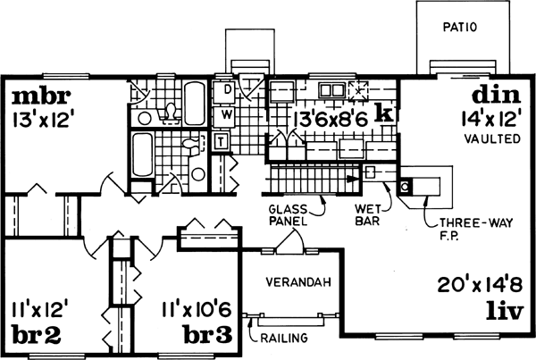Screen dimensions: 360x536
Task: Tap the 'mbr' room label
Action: (x=40, y=96)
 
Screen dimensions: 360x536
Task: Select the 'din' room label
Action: (x=493, y=96)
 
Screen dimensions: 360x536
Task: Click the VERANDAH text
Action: (x=299, y=282)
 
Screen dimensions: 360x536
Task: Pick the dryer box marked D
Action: (x=227, y=90)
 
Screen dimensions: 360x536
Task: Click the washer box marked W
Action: (x=227, y=114)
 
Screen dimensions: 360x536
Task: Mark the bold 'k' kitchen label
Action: (x=384, y=113)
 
